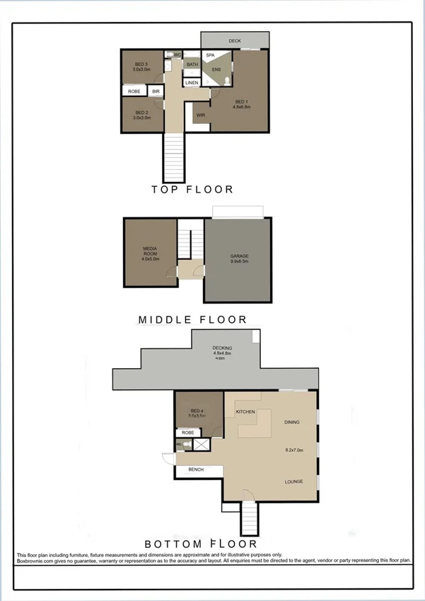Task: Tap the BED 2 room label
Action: [141, 113]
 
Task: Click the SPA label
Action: [210, 55]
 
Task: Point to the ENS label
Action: [216, 69]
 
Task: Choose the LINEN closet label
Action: [192, 84]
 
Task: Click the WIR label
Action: [201, 114]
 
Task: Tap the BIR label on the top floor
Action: [156, 91]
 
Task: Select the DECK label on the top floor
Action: [235, 41]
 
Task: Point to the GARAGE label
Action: [239, 256]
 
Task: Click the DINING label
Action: [292, 423]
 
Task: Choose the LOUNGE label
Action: [293, 482]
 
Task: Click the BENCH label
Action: [196, 469]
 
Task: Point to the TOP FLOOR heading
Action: [192, 190]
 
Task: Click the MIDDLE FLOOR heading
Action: [192, 320]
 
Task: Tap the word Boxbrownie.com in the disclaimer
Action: [38, 560]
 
